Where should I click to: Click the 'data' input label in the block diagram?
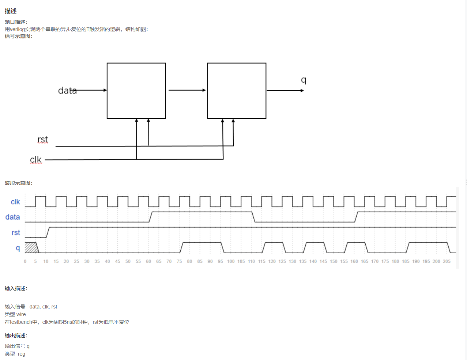click(67, 91)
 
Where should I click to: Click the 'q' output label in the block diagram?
click(304, 80)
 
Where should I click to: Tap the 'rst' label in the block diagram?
click(43, 140)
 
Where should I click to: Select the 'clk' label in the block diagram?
click(36, 160)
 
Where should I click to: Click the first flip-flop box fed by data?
click(136, 91)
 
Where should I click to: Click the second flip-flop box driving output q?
click(237, 91)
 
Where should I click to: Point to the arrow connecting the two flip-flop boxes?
click(187, 90)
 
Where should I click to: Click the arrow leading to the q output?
click(285, 91)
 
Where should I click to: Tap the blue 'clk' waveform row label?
click(15, 202)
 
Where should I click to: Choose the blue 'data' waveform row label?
click(12, 217)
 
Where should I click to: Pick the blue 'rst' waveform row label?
click(16, 233)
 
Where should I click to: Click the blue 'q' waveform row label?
click(18, 249)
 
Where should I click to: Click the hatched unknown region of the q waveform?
click(31, 247)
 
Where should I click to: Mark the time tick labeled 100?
click(231, 262)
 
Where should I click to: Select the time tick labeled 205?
click(447, 262)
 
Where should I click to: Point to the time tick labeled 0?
click(25, 262)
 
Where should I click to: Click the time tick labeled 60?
click(148, 262)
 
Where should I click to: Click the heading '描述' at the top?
click(11, 11)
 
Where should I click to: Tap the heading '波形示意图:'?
click(19, 183)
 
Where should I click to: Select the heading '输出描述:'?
click(16, 336)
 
